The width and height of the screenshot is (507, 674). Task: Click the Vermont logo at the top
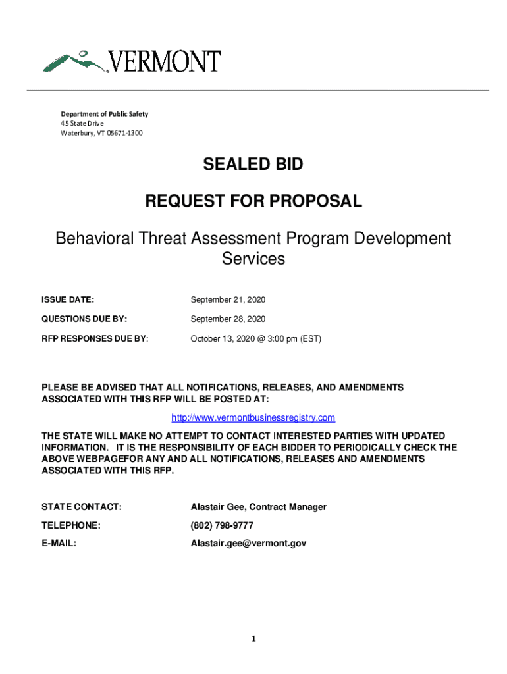pyautogui.click(x=132, y=61)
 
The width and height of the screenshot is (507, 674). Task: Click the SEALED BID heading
pyautogui.click(x=254, y=165)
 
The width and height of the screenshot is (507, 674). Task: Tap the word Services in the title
pyautogui.click(x=254, y=259)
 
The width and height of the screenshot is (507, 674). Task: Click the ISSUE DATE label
pyautogui.click(x=68, y=300)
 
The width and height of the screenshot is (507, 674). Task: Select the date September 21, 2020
pyautogui.click(x=228, y=300)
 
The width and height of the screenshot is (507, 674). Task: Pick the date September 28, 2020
pyautogui.click(x=228, y=319)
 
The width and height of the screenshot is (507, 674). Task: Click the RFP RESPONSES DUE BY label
pyautogui.click(x=95, y=338)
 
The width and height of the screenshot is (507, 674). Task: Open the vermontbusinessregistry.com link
pyautogui.click(x=254, y=418)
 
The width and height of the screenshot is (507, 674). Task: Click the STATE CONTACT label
pyautogui.click(x=81, y=507)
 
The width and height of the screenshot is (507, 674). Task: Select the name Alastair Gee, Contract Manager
pyautogui.click(x=258, y=507)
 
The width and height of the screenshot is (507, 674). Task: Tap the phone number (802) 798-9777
pyautogui.click(x=222, y=525)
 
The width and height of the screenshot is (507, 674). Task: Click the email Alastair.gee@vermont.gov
pyautogui.click(x=248, y=544)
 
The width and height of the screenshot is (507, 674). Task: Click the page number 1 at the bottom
pyautogui.click(x=254, y=639)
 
